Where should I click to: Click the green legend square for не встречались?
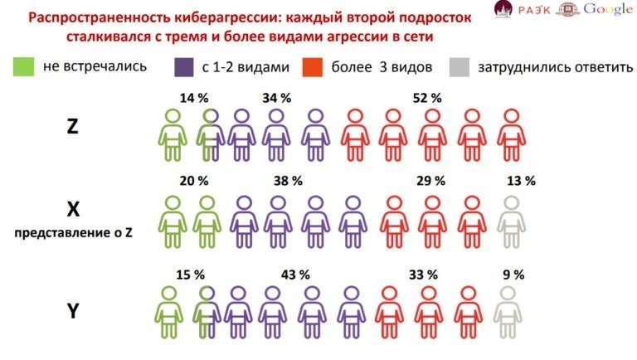pyautogui.click(x=24, y=66)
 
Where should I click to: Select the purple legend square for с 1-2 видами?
pyautogui.click(x=185, y=66)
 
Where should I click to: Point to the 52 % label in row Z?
pyautogui.click(x=426, y=98)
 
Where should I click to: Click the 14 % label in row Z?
pyautogui.click(x=193, y=98)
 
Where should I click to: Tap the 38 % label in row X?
pyautogui.click(x=288, y=180)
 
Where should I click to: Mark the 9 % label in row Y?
pyautogui.click(x=513, y=275)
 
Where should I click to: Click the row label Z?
pyautogui.click(x=73, y=127)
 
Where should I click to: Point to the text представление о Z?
pyautogui.click(x=73, y=233)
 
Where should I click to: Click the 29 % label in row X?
pyautogui.click(x=431, y=180)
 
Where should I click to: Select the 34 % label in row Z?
pyautogui.click(x=276, y=98)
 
